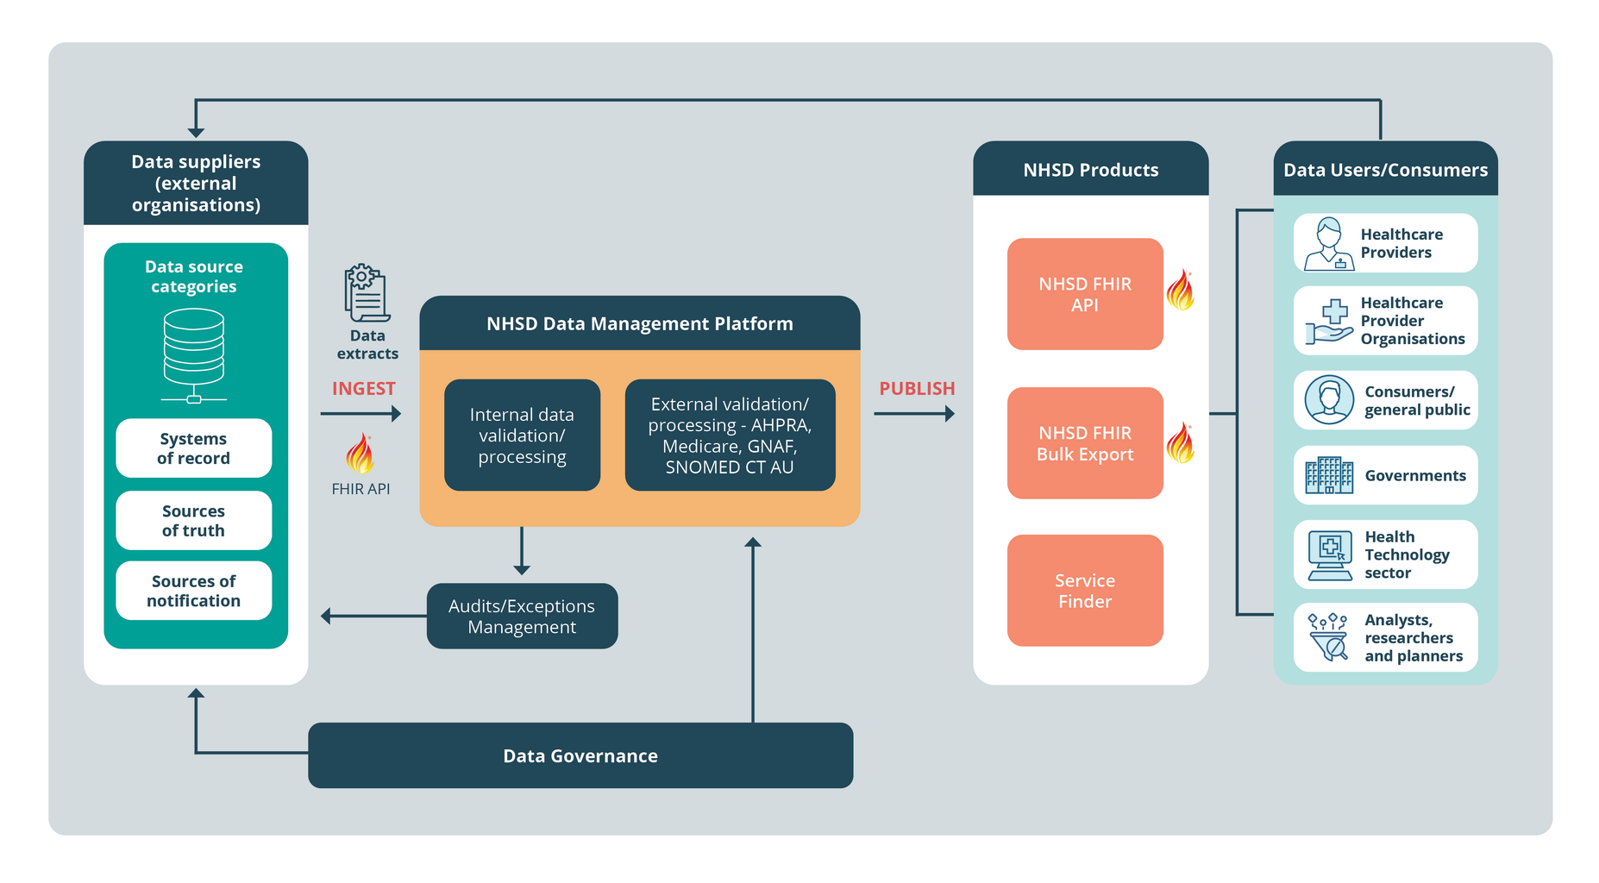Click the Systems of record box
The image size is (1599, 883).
point(193,448)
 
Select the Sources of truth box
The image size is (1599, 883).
point(193,521)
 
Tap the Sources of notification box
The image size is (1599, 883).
point(193,591)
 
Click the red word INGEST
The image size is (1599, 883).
point(363,389)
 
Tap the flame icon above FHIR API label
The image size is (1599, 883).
point(360,454)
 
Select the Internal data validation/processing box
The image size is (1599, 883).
point(522,435)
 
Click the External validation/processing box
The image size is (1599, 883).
point(730,435)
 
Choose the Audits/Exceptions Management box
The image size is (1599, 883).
point(522,617)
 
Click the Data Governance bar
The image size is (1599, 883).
point(580,755)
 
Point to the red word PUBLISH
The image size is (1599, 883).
point(917,389)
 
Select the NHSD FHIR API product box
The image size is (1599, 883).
point(1085,294)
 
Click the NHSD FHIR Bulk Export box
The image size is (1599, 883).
point(1085,443)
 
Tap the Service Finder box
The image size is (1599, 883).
point(1085,591)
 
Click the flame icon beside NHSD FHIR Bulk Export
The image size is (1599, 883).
point(1181,443)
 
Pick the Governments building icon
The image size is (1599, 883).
point(1329,475)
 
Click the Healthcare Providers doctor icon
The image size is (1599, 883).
point(1328,244)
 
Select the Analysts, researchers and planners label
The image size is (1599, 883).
point(1413,638)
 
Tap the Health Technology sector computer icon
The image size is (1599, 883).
point(1330,555)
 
